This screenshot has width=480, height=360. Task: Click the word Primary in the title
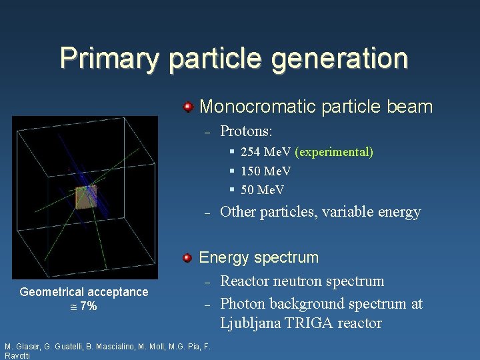pos(109,58)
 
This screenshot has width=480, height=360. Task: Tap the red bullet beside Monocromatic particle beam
pos(189,107)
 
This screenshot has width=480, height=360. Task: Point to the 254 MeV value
pos(266,152)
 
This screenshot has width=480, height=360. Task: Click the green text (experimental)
pos(335,152)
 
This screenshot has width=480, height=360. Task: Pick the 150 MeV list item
pos(266,171)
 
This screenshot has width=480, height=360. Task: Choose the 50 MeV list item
pos(263,190)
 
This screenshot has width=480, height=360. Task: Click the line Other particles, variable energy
pos(320,212)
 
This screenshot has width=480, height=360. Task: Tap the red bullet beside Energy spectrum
pos(189,257)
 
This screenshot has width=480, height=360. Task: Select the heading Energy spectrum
pos(259,257)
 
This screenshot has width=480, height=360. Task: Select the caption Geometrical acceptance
pos(84,292)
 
